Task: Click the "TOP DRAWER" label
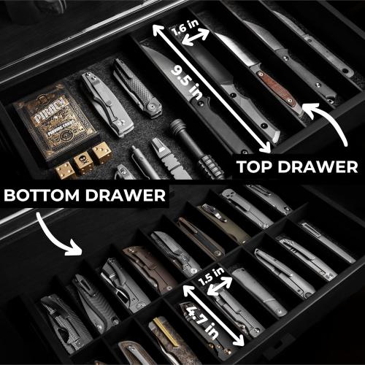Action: click(x=297, y=166)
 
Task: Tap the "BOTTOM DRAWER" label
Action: click(x=83, y=196)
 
